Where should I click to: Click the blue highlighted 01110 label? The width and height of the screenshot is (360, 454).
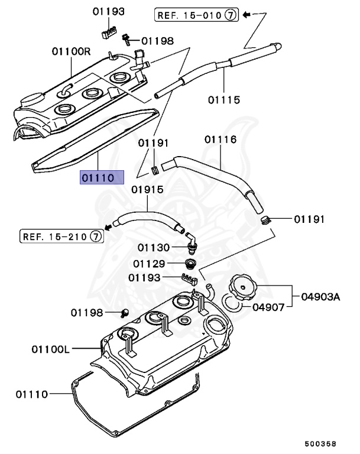click(102, 177)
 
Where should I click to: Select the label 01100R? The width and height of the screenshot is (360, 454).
click(71, 51)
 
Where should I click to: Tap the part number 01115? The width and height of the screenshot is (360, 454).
click(223, 100)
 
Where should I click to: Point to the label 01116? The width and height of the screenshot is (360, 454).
click(220, 140)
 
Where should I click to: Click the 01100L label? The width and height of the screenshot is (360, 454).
click(51, 349)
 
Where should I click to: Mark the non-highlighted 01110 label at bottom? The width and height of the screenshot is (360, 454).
click(31, 394)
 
